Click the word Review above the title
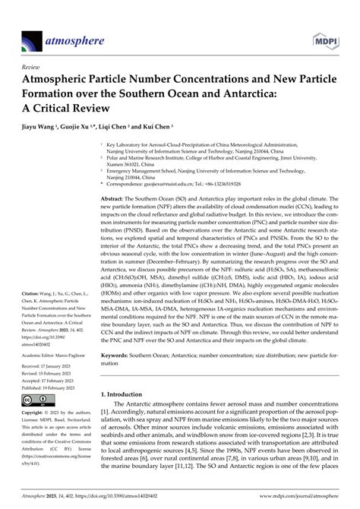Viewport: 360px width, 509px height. [34, 66]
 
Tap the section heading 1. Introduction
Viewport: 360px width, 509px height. [127, 394]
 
